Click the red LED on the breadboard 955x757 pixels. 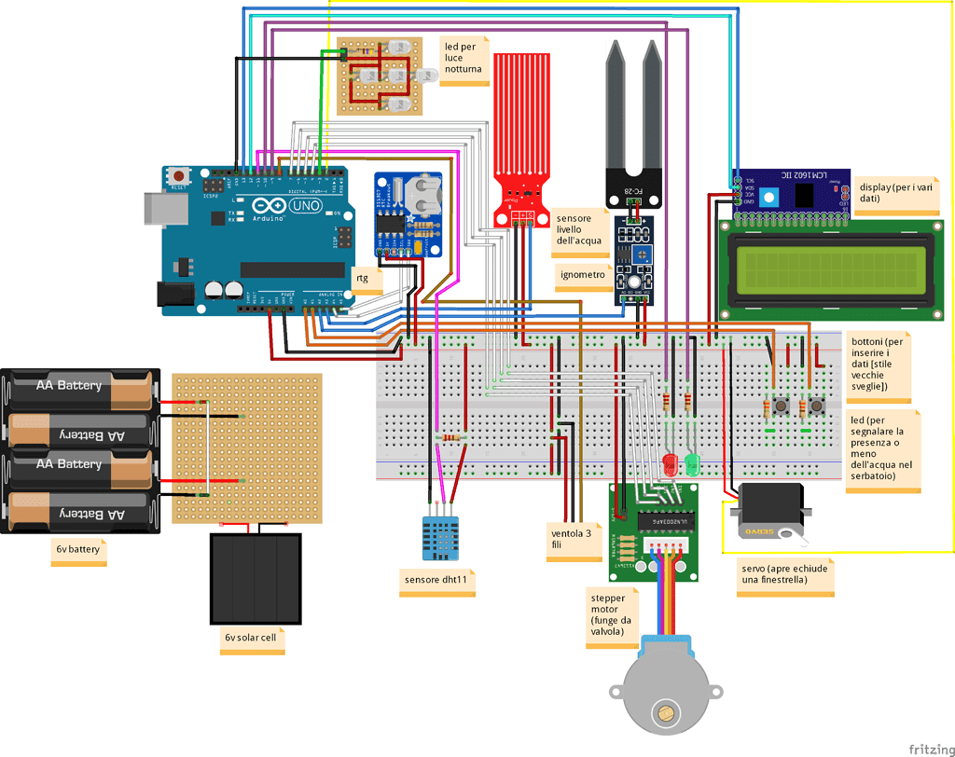click(669, 463)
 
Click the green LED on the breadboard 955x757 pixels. click(691, 463)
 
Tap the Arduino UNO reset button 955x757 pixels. click(181, 175)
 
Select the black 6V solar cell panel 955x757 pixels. click(256, 579)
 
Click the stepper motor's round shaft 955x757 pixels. click(665, 715)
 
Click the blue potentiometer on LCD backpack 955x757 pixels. click(768, 197)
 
